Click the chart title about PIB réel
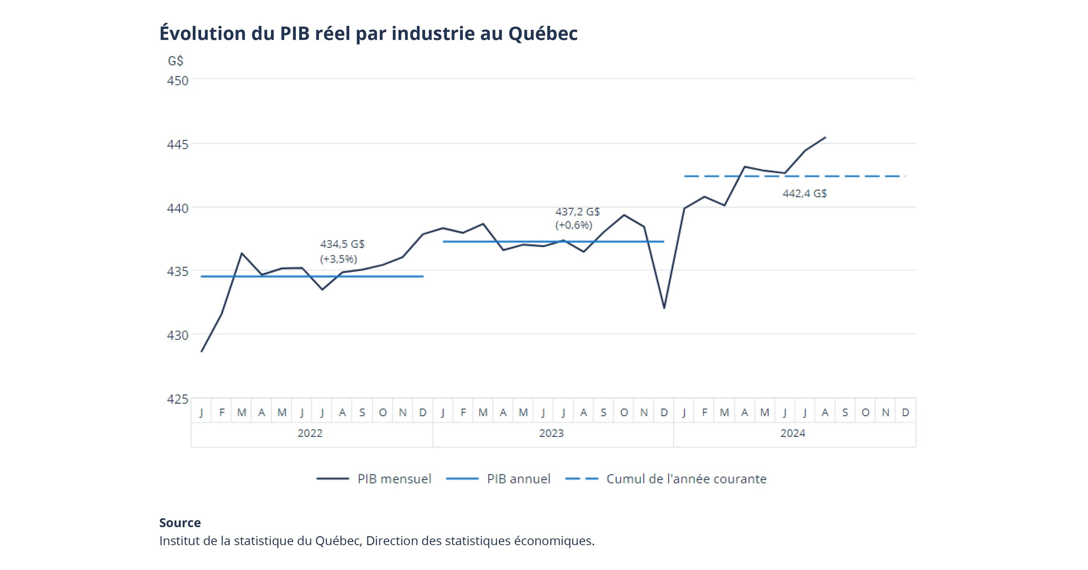(368, 33)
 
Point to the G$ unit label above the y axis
(175, 61)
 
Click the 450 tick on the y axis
(177, 80)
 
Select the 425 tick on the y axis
(177, 399)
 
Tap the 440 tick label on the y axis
(177, 208)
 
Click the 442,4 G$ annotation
(804, 193)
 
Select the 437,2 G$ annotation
(577, 212)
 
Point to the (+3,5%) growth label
(338, 259)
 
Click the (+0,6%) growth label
(573, 225)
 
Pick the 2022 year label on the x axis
(310, 433)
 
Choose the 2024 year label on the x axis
(793, 433)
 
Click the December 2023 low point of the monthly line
(664, 308)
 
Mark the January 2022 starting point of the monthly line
(202, 351)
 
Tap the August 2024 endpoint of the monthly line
(825, 137)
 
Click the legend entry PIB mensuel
(394, 479)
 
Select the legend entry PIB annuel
(518, 479)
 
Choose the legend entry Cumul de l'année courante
(686, 479)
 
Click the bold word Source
(180, 523)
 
